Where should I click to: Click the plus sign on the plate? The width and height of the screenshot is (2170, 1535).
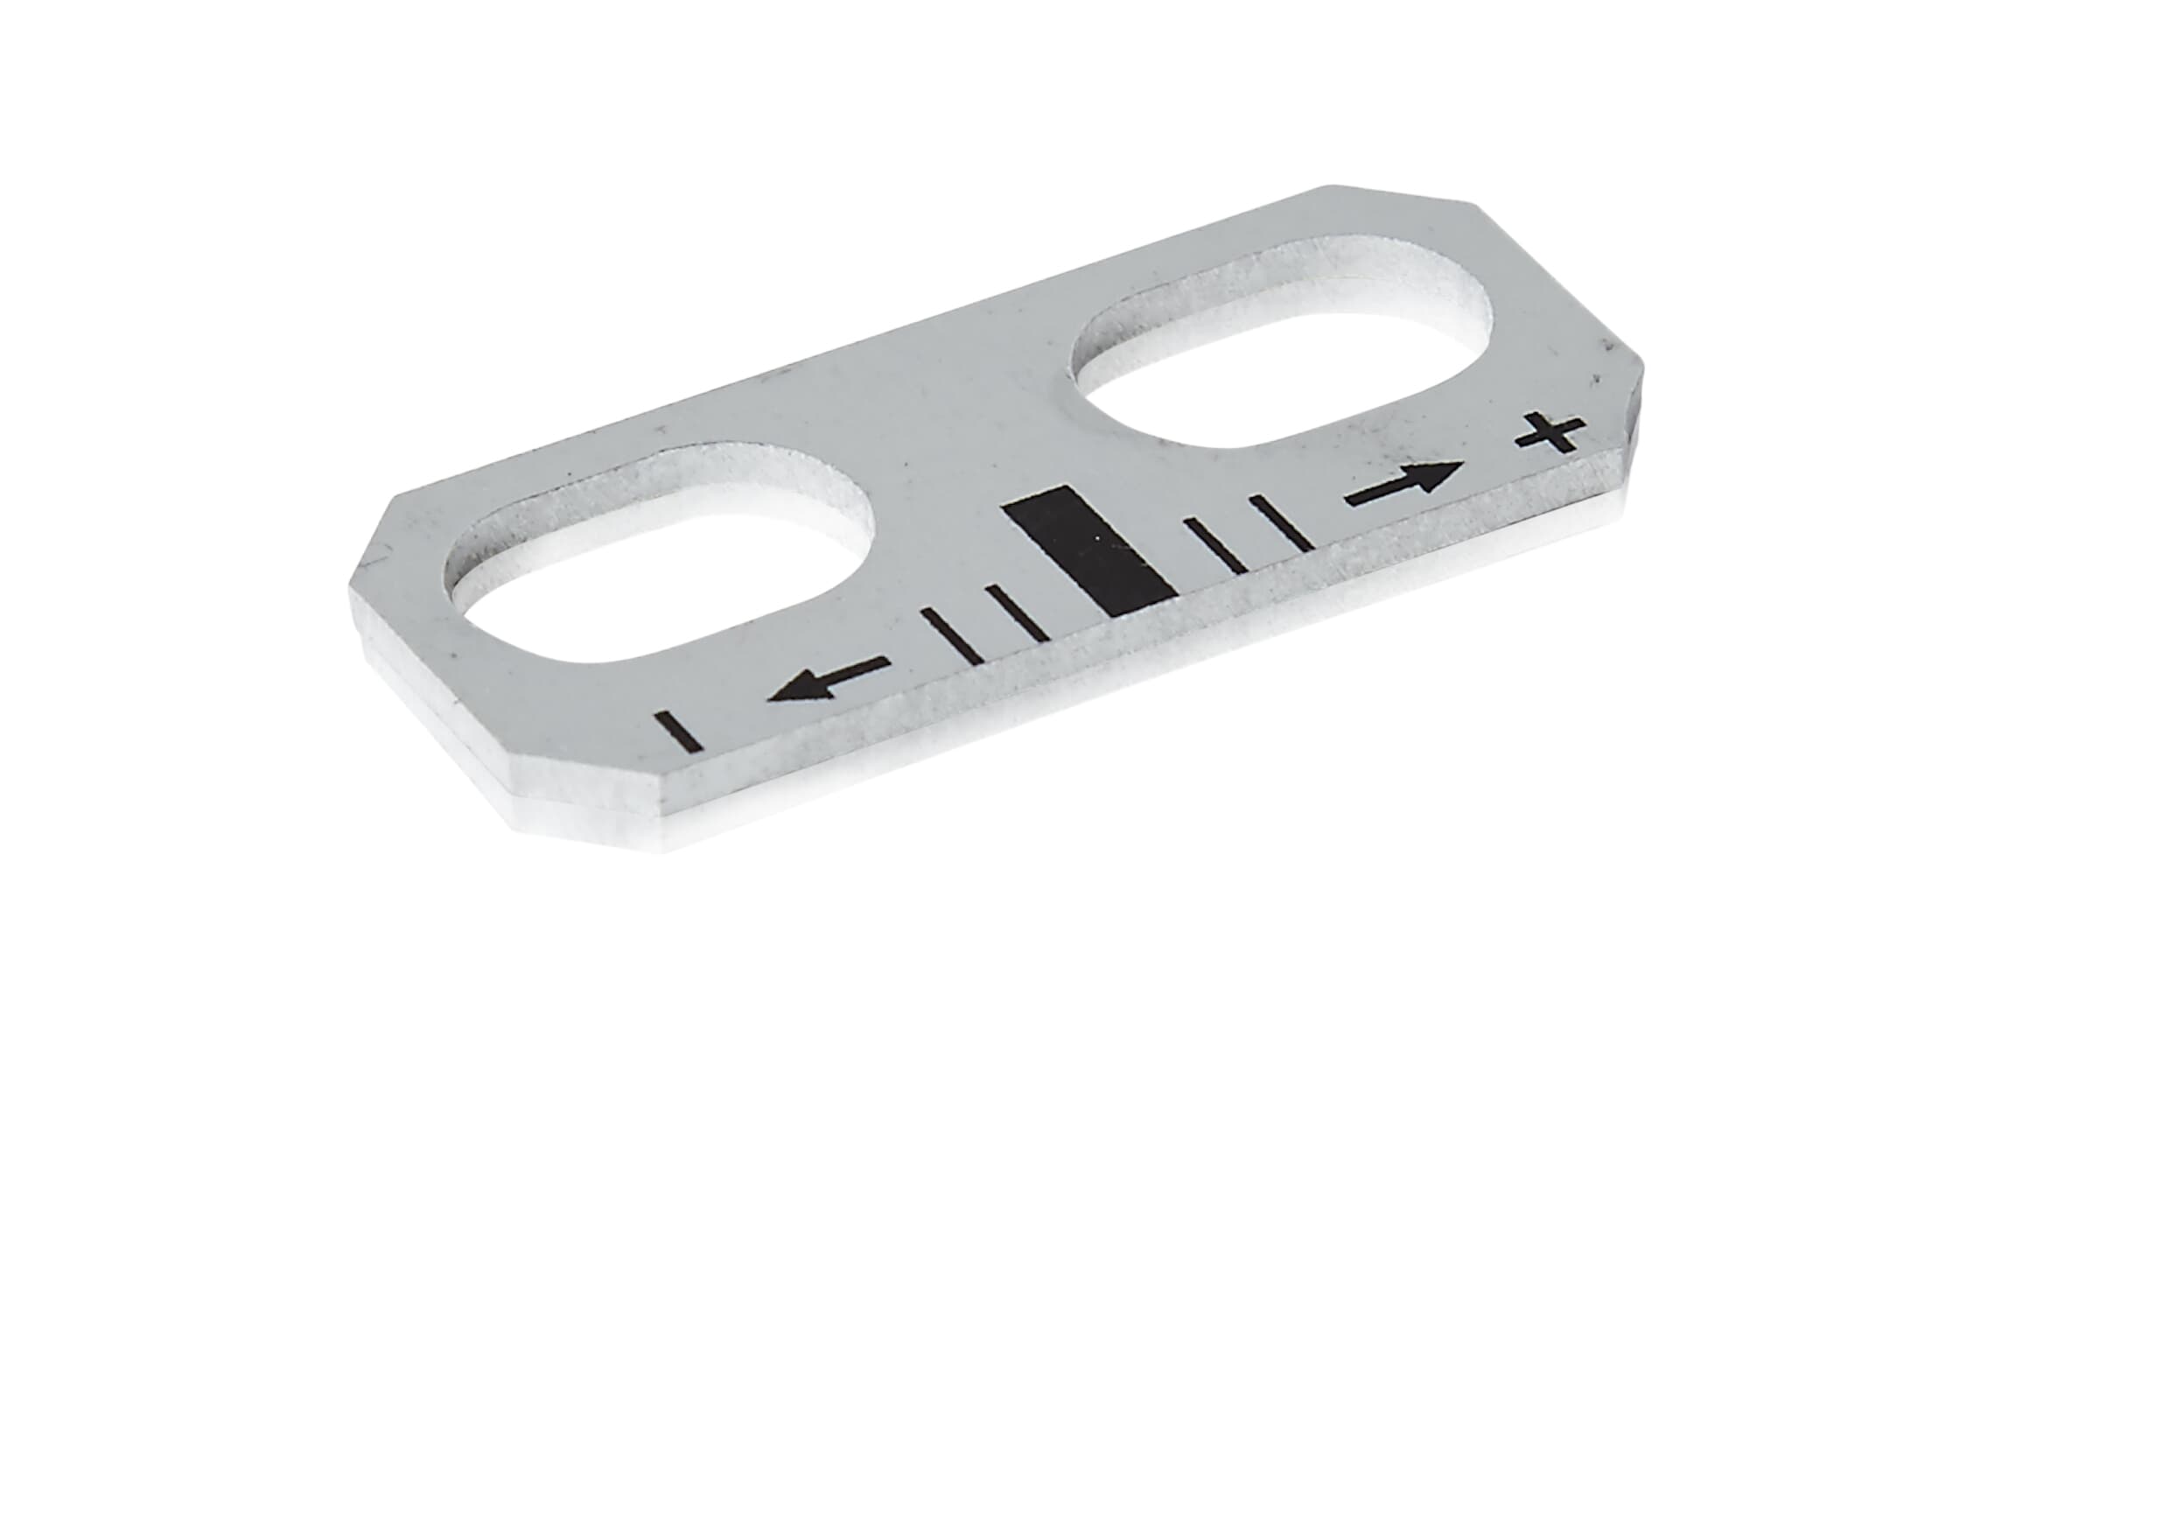pyautogui.click(x=1550, y=435)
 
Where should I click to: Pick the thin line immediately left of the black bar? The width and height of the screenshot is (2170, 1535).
pyautogui.click(x=1017, y=613)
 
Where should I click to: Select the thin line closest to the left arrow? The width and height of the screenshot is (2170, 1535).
pyautogui.click(x=953, y=634)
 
